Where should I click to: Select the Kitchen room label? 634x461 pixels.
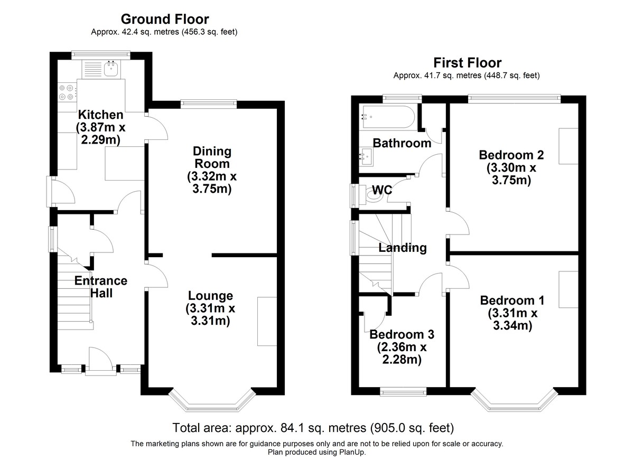click(100, 115)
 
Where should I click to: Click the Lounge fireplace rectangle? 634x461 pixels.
click(267, 321)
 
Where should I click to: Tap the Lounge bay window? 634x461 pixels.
click(211, 401)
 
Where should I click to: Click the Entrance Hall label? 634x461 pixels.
click(100, 286)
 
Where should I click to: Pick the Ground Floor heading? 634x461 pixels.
click(165, 20)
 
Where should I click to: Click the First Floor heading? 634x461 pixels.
click(467, 63)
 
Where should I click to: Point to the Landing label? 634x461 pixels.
click(403, 247)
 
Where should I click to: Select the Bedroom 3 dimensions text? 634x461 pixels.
click(402, 354)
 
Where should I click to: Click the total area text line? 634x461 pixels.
click(313, 427)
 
